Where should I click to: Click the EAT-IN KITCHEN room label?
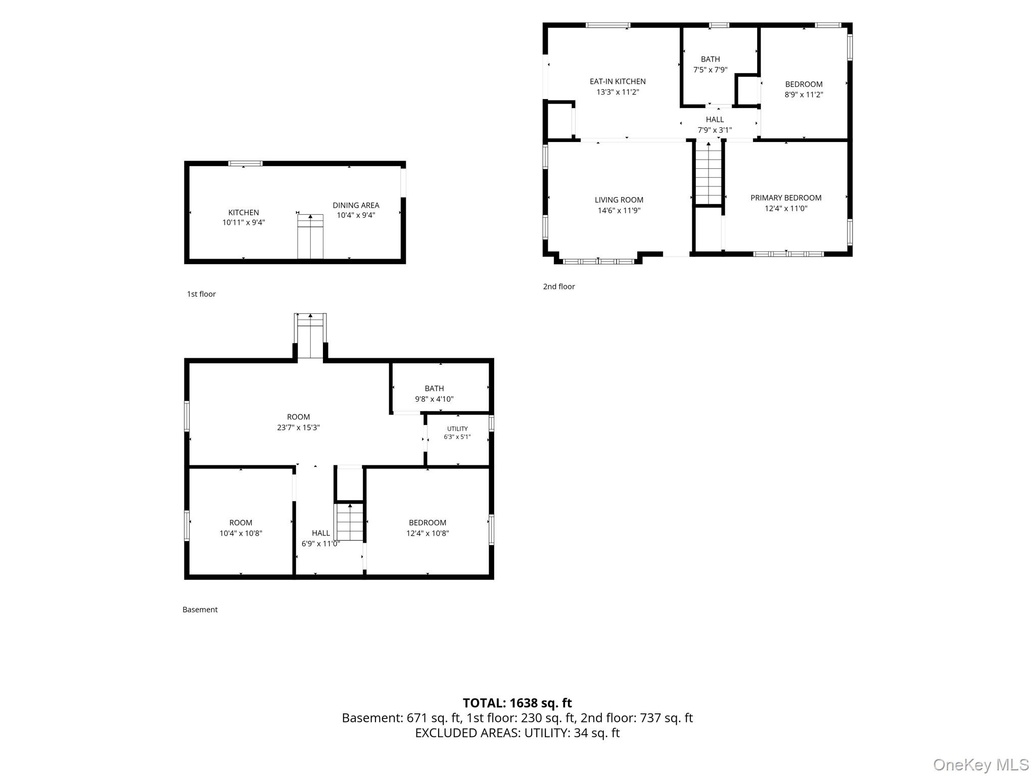click(618, 81)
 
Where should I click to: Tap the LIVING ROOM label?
click(619, 200)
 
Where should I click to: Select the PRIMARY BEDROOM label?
click(786, 198)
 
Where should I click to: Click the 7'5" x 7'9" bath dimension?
click(711, 70)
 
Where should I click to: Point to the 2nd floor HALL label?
click(715, 120)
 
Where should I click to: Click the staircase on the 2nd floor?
click(709, 173)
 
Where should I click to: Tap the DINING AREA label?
click(356, 205)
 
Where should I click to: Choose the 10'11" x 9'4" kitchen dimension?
click(244, 222)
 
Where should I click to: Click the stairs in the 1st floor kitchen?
click(310, 236)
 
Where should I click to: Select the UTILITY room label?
click(457, 429)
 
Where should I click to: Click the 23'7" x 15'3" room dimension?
click(298, 427)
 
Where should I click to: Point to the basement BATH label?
click(434, 389)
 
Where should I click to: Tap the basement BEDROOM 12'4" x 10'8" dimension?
click(428, 533)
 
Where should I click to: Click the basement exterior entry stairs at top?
click(310, 336)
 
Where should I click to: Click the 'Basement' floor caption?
click(200, 610)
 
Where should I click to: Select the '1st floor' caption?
click(201, 294)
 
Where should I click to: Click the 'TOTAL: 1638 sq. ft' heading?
click(517, 703)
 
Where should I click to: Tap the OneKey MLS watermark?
click(981, 764)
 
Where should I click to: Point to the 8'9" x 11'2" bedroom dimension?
click(804, 94)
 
